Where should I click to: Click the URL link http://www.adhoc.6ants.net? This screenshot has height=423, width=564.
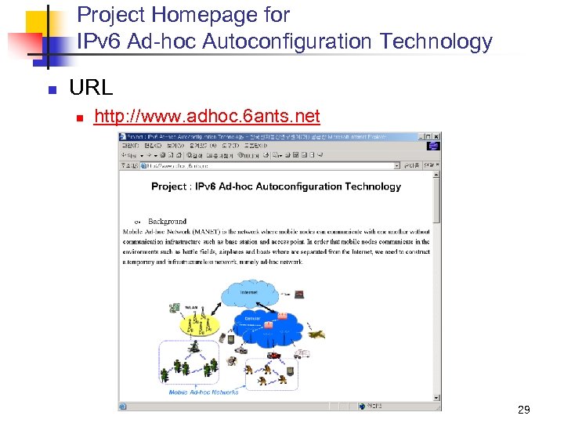tap(207, 117)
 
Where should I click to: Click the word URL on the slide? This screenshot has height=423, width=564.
tap(91, 88)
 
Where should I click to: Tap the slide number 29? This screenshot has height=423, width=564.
tap(524, 410)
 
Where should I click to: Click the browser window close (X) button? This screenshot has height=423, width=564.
tap(436, 136)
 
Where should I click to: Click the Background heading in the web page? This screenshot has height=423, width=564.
tap(167, 222)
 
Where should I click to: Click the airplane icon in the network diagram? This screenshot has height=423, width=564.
tap(315, 334)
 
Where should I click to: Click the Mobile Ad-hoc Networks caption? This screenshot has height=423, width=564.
tap(203, 392)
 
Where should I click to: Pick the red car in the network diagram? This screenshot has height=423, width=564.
tap(275, 356)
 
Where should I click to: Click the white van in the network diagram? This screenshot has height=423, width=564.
tap(301, 353)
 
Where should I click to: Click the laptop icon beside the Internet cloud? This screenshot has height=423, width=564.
tap(298, 295)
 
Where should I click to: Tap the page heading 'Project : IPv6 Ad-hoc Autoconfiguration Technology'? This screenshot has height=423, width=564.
tap(276, 186)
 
